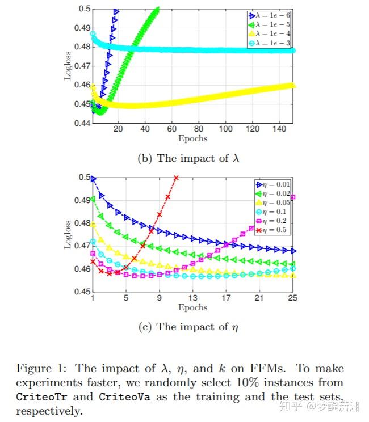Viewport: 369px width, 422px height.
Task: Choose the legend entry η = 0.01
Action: point(275,184)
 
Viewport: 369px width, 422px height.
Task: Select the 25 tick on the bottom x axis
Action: point(293,298)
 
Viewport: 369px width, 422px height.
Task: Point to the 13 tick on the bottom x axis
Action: point(192,298)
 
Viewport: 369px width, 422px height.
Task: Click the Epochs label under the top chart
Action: point(192,139)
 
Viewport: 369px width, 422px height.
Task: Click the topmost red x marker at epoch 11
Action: point(176,178)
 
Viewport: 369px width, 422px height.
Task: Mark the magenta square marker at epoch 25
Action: point(293,197)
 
